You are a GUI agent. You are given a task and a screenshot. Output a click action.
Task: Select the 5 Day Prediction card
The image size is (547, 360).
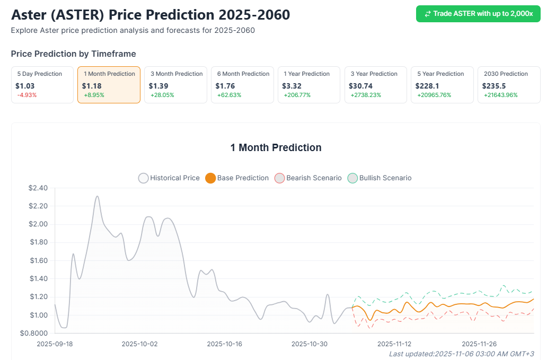click(x=42, y=84)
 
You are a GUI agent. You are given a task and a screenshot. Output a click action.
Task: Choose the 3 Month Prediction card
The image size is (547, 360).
click(x=175, y=84)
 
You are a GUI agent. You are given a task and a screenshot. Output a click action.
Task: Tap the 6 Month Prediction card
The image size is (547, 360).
click(x=242, y=84)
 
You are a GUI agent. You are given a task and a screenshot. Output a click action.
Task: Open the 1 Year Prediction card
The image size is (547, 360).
click(x=309, y=84)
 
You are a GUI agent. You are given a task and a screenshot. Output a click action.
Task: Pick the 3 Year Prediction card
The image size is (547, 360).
click(x=376, y=84)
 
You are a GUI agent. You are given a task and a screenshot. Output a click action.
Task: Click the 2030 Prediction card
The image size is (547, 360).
click(x=509, y=84)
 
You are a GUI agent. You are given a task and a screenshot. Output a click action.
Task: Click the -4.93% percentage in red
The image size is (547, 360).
click(x=27, y=95)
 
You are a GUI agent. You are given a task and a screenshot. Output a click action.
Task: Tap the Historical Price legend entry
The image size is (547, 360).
click(x=169, y=178)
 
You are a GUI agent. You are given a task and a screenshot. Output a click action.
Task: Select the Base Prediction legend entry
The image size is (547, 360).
click(x=237, y=178)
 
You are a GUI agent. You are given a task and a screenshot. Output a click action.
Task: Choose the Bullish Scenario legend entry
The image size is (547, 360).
click(x=380, y=178)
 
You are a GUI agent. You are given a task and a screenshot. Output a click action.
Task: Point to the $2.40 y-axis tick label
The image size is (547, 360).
click(x=37, y=188)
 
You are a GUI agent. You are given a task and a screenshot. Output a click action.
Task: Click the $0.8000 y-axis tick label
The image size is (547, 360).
click(x=34, y=333)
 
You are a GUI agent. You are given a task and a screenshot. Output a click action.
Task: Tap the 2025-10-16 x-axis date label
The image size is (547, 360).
click(x=225, y=344)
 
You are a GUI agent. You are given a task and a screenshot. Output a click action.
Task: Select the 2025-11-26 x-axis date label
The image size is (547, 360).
click(x=479, y=344)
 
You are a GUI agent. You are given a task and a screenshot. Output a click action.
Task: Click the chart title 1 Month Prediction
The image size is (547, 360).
click(x=276, y=147)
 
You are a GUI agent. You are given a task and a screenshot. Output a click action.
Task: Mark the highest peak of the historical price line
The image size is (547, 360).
click(x=97, y=196)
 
